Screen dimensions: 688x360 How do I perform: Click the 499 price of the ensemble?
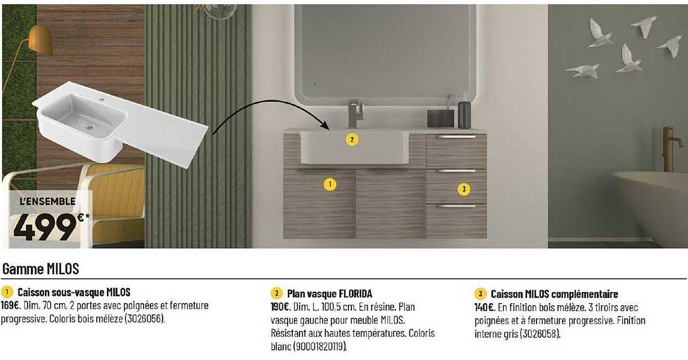click(45, 227)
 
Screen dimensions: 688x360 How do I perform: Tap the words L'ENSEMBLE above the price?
click(48, 201)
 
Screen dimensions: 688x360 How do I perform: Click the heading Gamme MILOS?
click(41, 269)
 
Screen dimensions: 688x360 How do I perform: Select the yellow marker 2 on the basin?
click(352, 140)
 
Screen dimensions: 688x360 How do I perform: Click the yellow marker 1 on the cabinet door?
click(330, 184)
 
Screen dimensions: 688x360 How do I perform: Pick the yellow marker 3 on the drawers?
click(464, 189)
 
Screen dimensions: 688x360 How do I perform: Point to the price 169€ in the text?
click(10, 305)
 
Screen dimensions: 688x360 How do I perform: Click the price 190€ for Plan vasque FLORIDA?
click(280, 307)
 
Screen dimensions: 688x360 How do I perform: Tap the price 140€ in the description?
click(484, 308)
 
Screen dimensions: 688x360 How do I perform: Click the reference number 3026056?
click(144, 319)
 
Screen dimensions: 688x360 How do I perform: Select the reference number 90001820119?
click(319, 347)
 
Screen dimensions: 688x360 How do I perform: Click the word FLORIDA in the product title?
click(355, 294)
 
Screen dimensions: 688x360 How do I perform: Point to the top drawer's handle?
click(457, 136)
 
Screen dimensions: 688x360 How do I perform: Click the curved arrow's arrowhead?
click(325, 126)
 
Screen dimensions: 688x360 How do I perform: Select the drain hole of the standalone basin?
click(90, 127)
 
